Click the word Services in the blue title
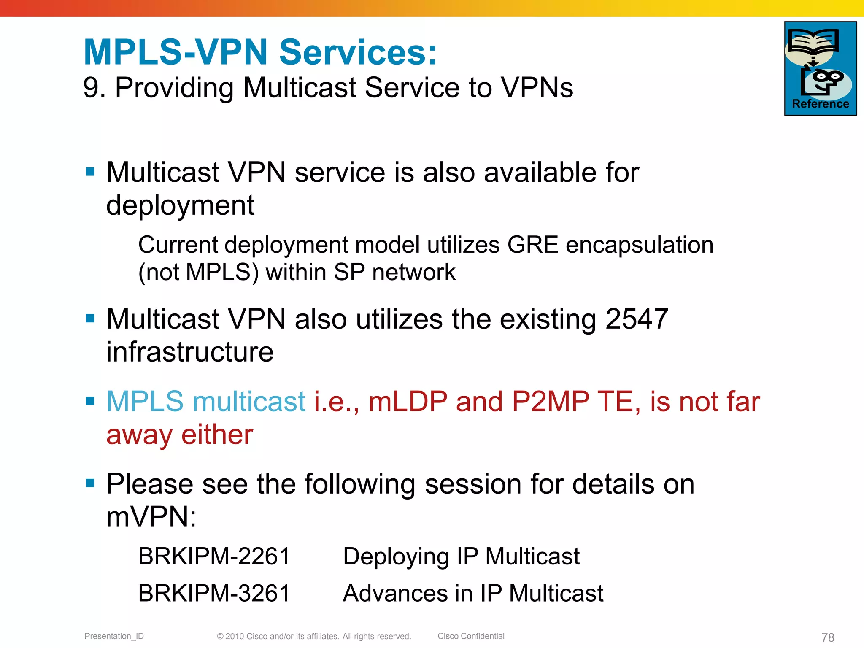pos(358,52)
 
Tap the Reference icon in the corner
pos(820,68)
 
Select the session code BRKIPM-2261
pos(214,556)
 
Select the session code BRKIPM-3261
pos(214,593)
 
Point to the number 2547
pos(637,319)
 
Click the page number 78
pos(828,637)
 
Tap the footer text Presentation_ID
pos(114,636)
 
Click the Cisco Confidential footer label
pos(471,636)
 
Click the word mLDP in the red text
pos(408,401)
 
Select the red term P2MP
pos(550,401)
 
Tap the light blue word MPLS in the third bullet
pos(145,401)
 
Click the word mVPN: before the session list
pos(151,517)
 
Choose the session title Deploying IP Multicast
pos(461,556)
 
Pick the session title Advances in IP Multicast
pos(473,593)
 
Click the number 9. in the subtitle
pos(94,88)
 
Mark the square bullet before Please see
pos(90,483)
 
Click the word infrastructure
pos(190,352)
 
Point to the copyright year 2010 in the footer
pos(235,636)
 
